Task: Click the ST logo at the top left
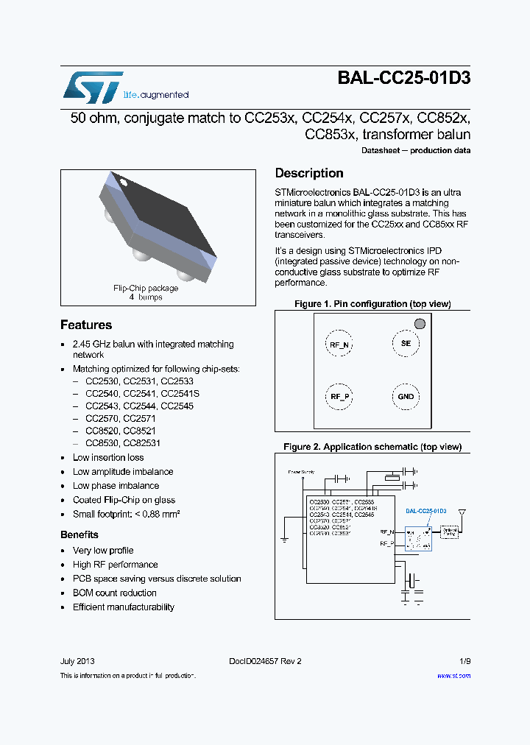click(93, 87)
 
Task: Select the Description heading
click(309, 173)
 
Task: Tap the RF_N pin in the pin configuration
click(339, 344)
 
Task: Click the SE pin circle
click(406, 343)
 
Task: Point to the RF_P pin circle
click(339, 397)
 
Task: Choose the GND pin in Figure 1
click(406, 397)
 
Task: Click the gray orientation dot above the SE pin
click(420, 323)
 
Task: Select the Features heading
click(86, 325)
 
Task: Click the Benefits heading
click(79, 534)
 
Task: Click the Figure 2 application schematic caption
click(372, 447)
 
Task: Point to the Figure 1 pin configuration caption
click(372, 304)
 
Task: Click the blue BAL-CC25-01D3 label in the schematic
click(426, 511)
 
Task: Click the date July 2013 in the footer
click(77, 661)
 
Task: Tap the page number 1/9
click(464, 661)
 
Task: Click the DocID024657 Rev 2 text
click(265, 661)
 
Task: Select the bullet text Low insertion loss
click(108, 458)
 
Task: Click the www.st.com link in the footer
click(453, 675)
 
